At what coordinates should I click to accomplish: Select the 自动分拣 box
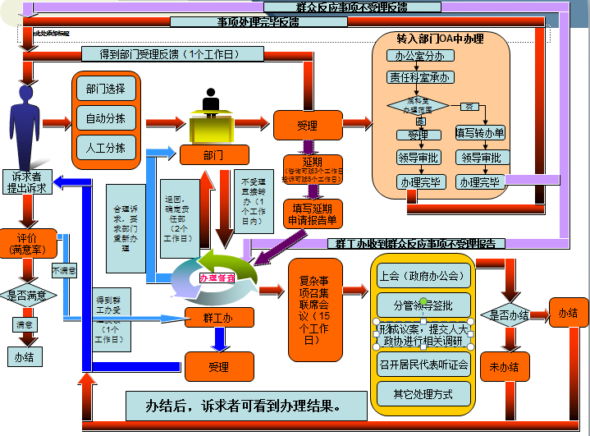[x=106, y=118]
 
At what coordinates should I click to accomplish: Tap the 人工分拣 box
[x=106, y=148]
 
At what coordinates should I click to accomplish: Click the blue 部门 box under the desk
[x=214, y=154]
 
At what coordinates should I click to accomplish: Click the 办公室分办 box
[x=418, y=57]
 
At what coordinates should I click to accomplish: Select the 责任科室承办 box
[x=418, y=78]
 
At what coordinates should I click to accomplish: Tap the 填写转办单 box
[x=480, y=133]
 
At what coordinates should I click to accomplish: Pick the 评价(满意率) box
[x=28, y=243]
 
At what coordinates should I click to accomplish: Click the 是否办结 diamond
[x=505, y=314]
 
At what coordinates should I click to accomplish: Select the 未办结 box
[x=505, y=366]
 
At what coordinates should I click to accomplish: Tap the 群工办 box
[x=217, y=319]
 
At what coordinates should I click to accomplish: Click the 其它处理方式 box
[x=423, y=393]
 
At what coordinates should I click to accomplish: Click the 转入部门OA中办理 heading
[x=440, y=39]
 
